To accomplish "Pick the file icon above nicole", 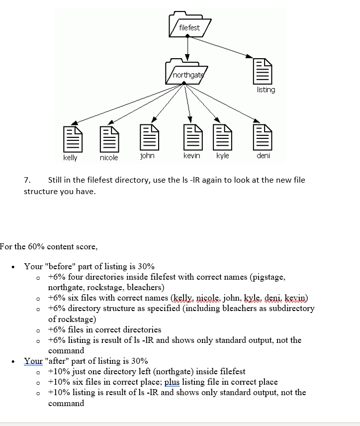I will click(108, 139).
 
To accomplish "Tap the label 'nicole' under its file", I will click(109, 158).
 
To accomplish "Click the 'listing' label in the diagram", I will click(266, 90).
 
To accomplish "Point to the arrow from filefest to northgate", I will click(187, 48).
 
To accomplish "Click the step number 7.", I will click(27, 180).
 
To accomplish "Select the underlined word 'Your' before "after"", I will click(33, 361).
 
